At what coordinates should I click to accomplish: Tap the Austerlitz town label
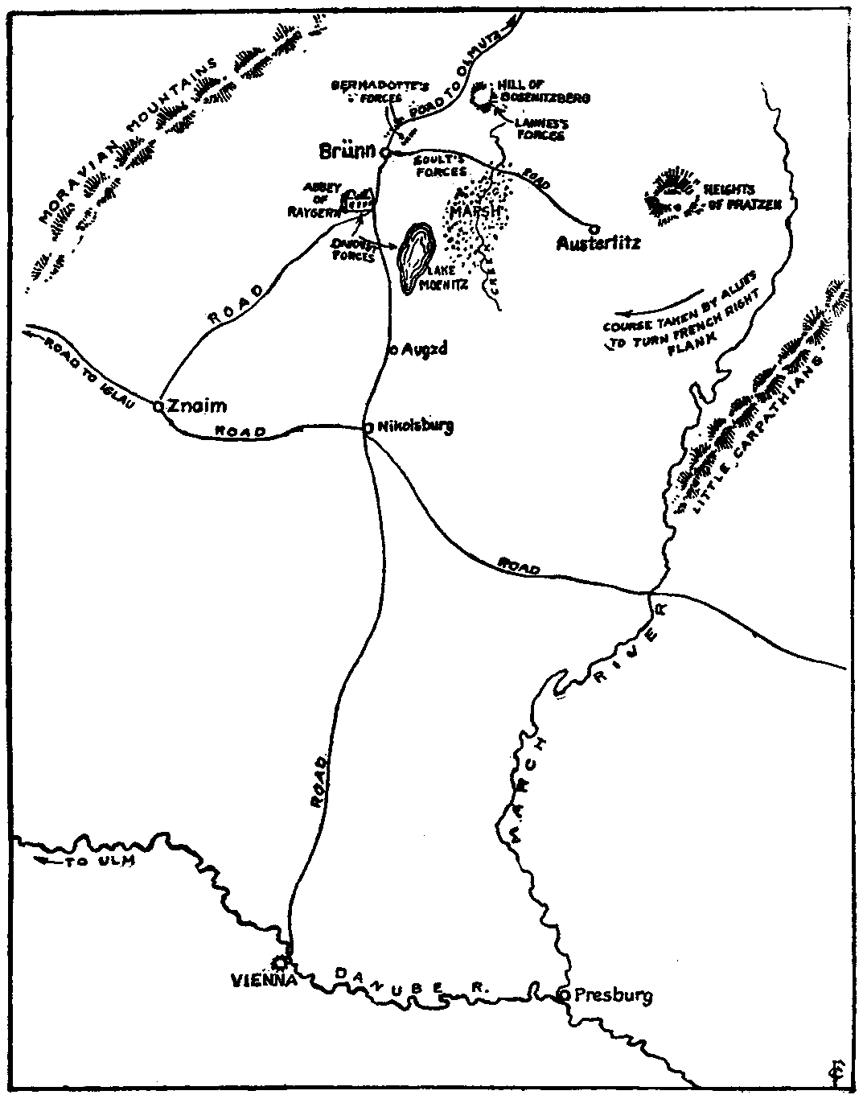(598, 242)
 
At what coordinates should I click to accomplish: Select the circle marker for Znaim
(159, 406)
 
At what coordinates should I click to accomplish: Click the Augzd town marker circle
(392, 350)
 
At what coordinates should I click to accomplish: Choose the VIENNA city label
(264, 981)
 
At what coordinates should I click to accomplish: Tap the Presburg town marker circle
(565, 995)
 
